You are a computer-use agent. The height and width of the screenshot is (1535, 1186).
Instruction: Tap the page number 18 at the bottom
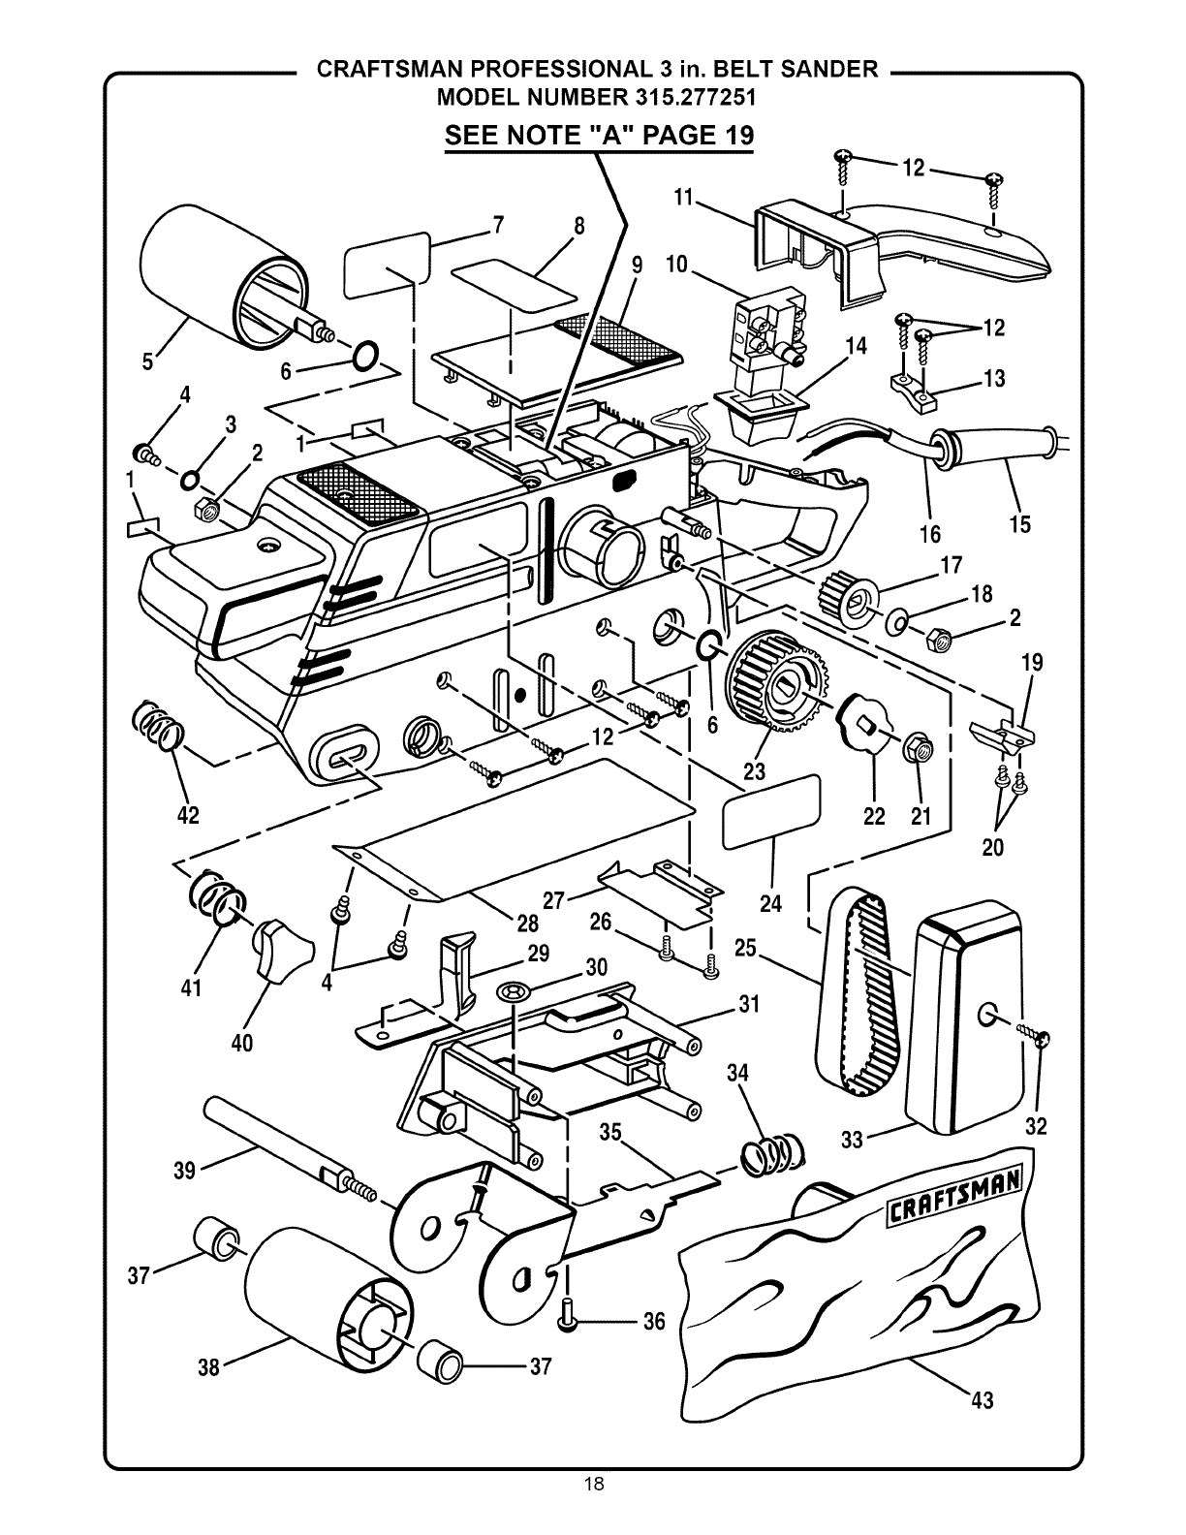593,1510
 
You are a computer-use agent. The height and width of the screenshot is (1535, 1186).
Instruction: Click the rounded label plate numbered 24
772,812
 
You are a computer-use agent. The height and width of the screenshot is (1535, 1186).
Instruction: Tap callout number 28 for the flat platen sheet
528,924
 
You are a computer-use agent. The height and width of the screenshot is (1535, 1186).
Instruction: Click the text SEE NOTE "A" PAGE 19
598,134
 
